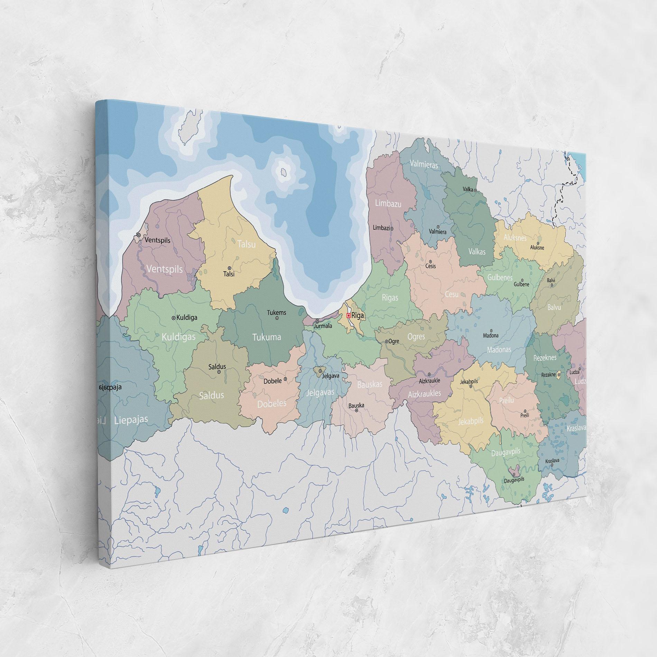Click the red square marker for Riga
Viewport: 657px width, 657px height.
click(x=348, y=315)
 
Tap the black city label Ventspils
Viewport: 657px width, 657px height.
click(x=158, y=240)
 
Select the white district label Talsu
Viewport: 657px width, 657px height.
click(x=247, y=244)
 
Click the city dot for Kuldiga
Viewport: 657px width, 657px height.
click(x=174, y=317)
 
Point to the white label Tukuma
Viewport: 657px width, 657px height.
click(x=266, y=337)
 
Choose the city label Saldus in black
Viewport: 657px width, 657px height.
click(x=217, y=367)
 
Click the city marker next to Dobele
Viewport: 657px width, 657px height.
click(x=285, y=379)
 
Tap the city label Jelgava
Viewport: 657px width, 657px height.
click(x=331, y=376)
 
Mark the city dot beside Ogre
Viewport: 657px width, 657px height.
click(x=387, y=341)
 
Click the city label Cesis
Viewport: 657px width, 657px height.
click(x=431, y=266)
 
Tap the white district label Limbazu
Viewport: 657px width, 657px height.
click(x=388, y=204)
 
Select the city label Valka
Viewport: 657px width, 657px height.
click(x=468, y=189)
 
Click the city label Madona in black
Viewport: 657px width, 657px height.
click(x=491, y=335)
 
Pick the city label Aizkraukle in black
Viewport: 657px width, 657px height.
click(x=429, y=380)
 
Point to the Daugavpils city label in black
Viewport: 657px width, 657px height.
click(x=514, y=480)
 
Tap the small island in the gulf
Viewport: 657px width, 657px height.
click(x=284, y=172)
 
